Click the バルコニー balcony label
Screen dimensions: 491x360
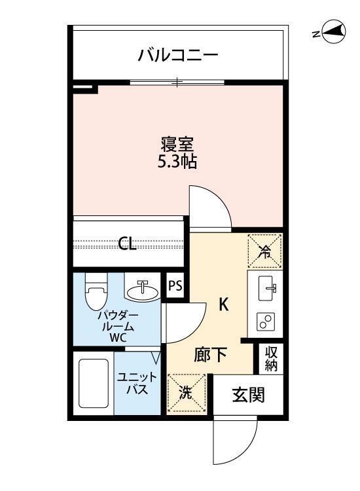(x=177, y=55)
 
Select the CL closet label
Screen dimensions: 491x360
(x=128, y=245)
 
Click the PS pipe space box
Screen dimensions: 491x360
(x=175, y=285)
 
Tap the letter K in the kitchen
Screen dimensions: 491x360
(x=223, y=304)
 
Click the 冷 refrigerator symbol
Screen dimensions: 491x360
(x=264, y=251)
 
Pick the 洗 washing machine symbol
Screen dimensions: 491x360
(x=186, y=394)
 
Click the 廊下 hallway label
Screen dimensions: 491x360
(x=211, y=355)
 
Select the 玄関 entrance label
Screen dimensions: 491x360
(x=249, y=395)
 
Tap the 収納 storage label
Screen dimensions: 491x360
(x=271, y=357)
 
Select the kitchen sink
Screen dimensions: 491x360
(x=267, y=286)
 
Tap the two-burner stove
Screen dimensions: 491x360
(x=267, y=321)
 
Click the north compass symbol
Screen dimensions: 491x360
(x=333, y=32)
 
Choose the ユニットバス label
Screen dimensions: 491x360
(x=137, y=383)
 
